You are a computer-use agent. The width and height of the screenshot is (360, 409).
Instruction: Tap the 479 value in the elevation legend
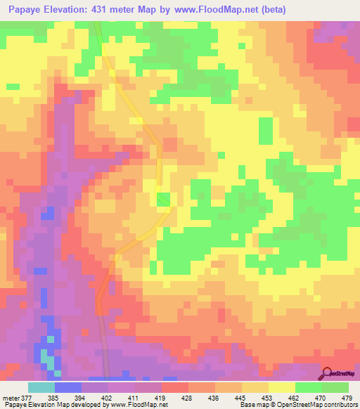(346, 398)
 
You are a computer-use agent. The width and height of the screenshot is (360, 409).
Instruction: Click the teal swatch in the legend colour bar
(41, 387)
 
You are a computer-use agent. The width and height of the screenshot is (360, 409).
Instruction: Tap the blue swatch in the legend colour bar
(67, 387)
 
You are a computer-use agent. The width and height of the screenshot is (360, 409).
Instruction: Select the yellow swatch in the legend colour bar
(281, 387)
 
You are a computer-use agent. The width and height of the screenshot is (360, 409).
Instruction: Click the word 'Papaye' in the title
(25, 9)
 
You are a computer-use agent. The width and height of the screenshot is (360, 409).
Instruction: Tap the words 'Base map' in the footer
(255, 405)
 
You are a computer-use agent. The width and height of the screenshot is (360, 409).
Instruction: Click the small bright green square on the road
(163, 200)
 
